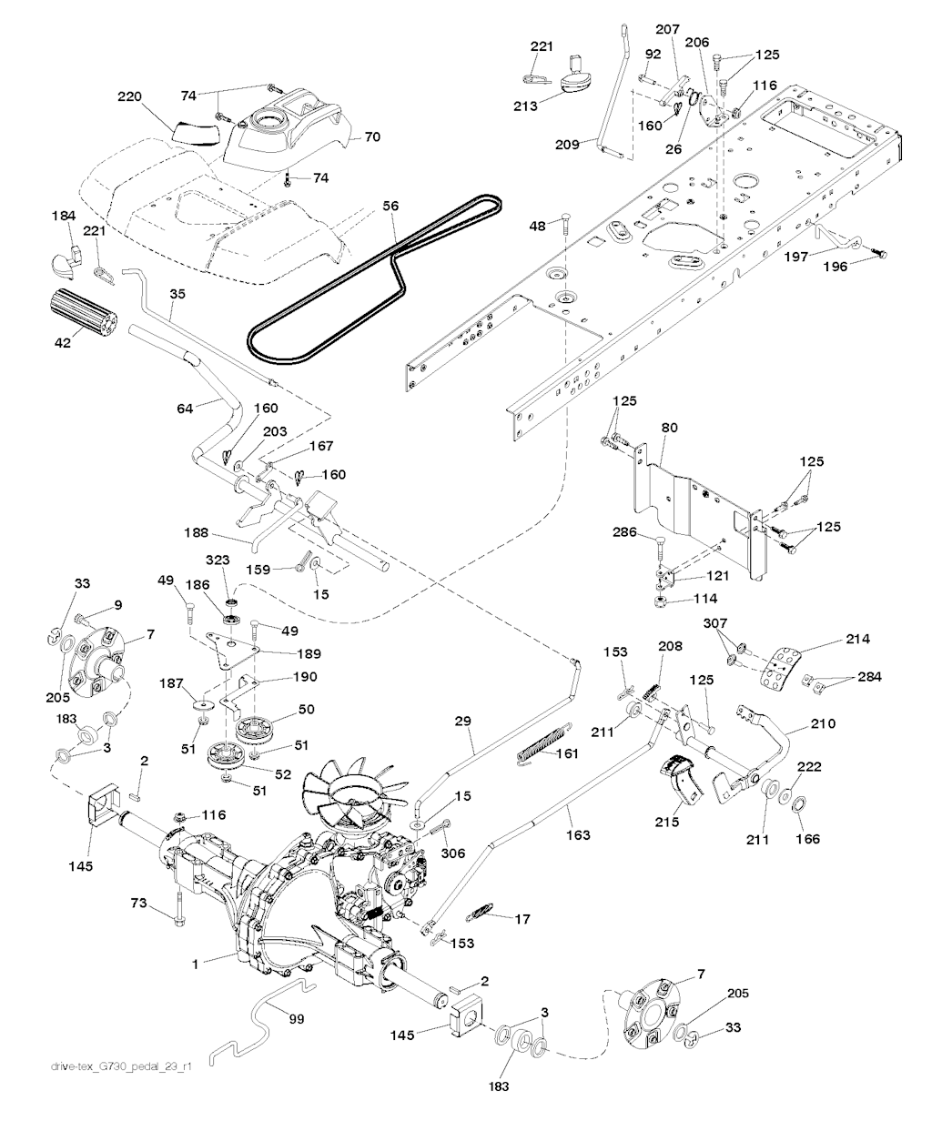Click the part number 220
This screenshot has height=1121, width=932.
129,96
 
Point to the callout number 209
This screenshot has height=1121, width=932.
567,145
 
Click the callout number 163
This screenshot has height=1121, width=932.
578,835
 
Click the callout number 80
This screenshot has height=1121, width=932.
670,428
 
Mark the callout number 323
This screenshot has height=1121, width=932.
218,560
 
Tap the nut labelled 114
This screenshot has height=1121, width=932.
661,601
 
